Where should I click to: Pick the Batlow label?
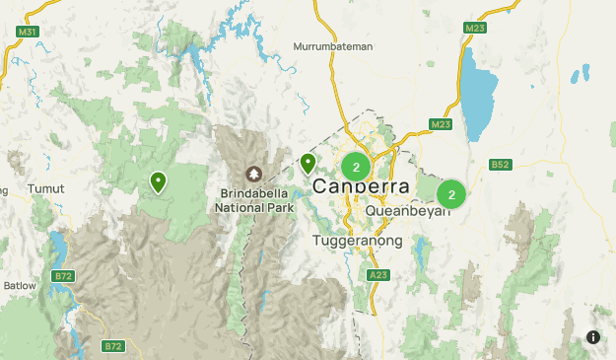click(x=18, y=286)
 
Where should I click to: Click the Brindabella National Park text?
click(x=255, y=201)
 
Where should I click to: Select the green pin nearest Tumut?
click(x=158, y=181)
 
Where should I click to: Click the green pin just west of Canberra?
click(x=308, y=163)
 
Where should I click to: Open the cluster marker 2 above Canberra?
click(x=356, y=167)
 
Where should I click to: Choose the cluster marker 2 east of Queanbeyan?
click(x=451, y=194)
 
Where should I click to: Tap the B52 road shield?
click(x=500, y=165)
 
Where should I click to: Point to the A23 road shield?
click(x=377, y=275)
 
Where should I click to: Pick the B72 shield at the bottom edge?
click(x=113, y=346)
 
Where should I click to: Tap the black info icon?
click(x=592, y=336)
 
